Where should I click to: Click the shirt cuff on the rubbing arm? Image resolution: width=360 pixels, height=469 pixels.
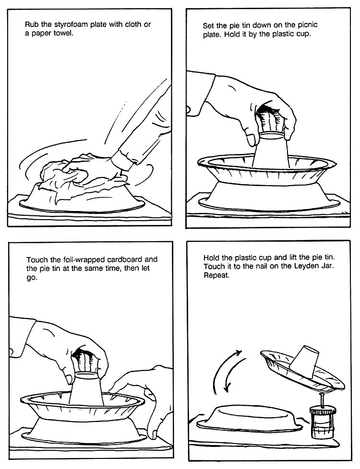pos(123,160)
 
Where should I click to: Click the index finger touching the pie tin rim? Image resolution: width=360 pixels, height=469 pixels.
pos(120,387)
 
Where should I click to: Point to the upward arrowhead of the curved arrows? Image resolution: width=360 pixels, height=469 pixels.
pos(239,353)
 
